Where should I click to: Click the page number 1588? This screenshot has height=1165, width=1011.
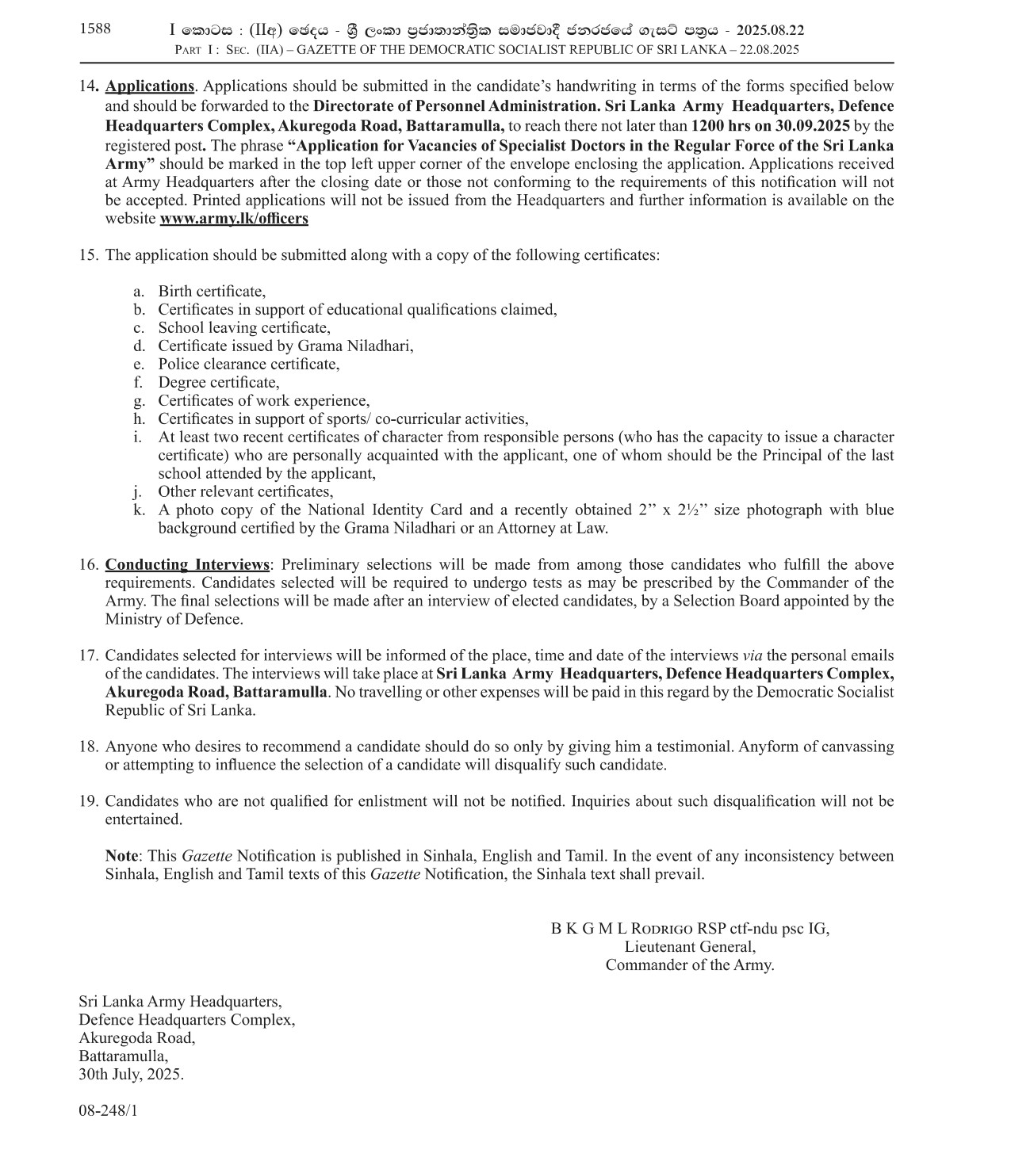click(95, 29)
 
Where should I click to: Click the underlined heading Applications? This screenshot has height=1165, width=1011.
click(150, 86)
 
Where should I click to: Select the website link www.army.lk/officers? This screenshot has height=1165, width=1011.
click(234, 219)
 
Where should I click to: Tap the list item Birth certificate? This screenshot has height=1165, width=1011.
click(212, 292)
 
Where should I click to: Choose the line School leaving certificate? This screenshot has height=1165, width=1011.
click(244, 328)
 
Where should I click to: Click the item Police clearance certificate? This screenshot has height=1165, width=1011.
click(248, 365)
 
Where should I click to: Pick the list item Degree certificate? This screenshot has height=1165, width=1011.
click(219, 383)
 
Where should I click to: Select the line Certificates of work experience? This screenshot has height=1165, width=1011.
click(263, 401)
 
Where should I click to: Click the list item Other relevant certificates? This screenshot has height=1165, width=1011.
click(245, 492)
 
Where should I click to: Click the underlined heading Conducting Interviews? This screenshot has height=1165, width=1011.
click(187, 565)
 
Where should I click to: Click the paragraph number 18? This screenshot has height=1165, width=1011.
click(88, 747)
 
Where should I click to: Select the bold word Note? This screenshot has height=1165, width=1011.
click(122, 857)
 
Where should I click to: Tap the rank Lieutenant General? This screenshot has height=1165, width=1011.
click(690, 947)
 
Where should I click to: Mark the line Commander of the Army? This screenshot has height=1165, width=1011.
click(690, 965)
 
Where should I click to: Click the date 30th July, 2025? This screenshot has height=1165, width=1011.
click(131, 1075)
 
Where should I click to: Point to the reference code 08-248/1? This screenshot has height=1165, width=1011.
click(108, 1111)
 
